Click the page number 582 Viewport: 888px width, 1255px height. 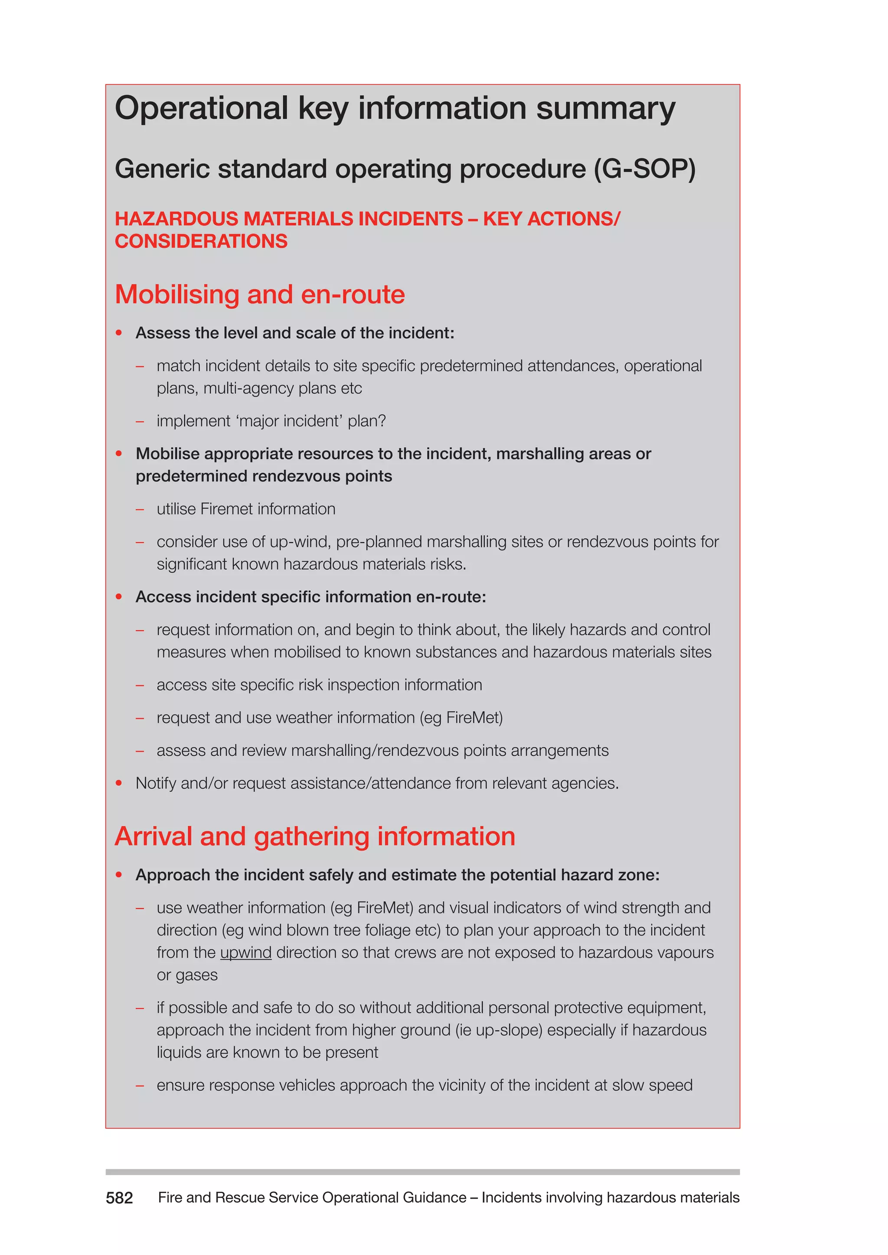(119, 1198)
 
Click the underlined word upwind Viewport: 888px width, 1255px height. (245, 953)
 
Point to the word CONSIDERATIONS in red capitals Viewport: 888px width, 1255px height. (201, 241)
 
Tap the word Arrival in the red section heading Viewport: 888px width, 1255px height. (153, 836)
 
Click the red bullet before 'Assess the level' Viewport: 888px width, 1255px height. (119, 333)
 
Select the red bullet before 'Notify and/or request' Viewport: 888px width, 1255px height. (119, 783)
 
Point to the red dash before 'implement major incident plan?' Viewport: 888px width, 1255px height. (140, 421)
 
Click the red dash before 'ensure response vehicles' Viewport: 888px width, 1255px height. (140, 1086)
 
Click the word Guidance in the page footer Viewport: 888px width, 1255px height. (434, 1198)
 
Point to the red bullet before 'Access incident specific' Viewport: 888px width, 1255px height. (119, 597)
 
